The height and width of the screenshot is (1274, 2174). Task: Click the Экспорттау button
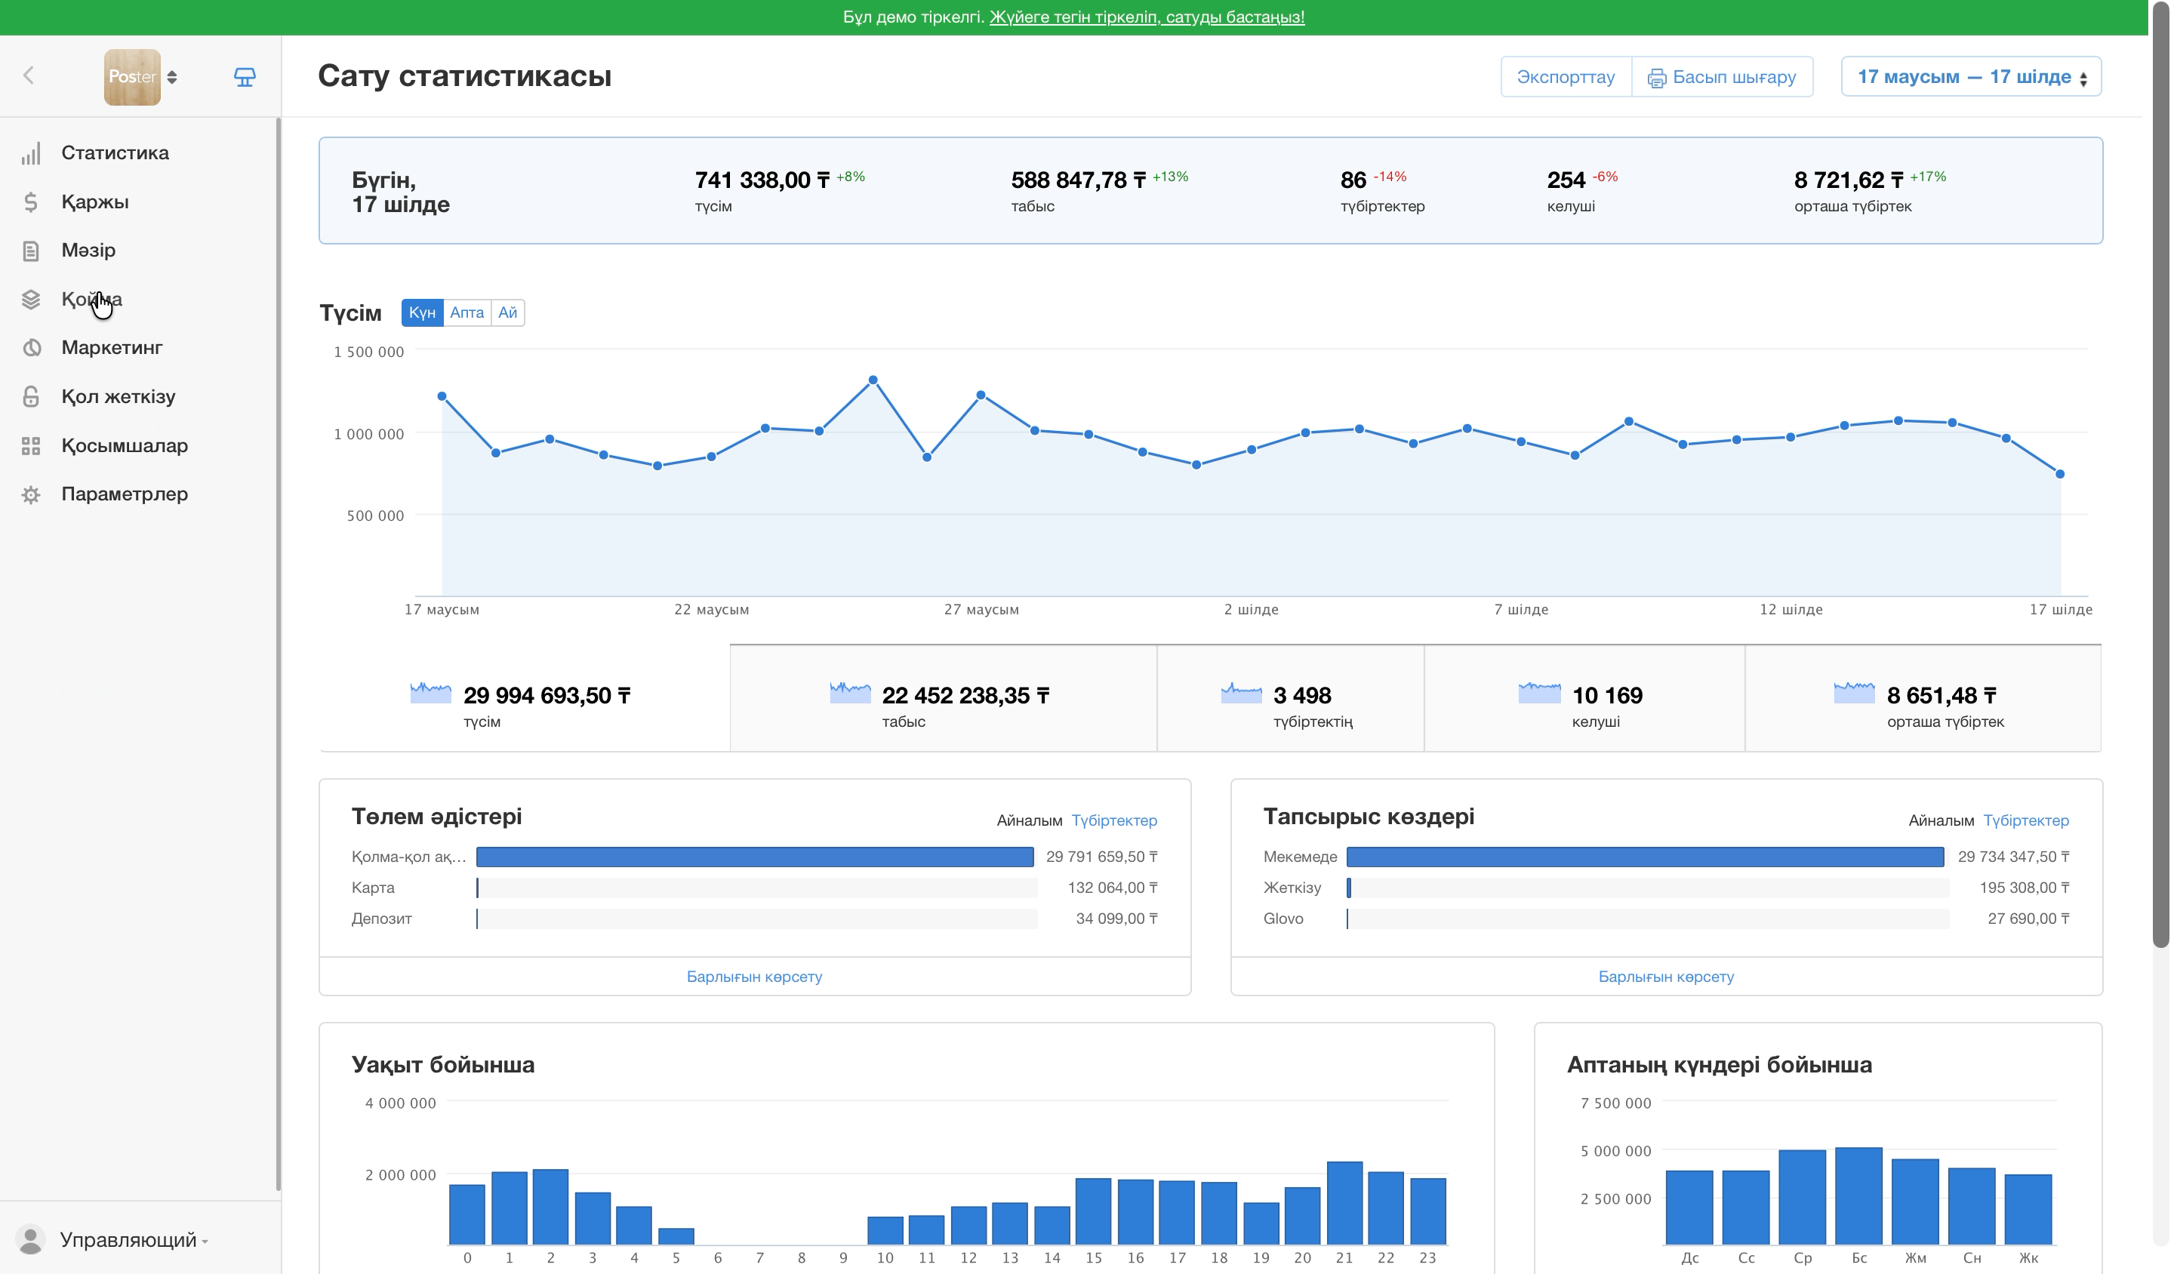tap(1565, 77)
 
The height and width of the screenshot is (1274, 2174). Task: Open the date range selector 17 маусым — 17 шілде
tap(1970, 77)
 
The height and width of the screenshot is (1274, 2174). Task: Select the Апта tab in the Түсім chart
tap(467, 312)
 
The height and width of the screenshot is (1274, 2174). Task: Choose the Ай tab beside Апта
tap(507, 312)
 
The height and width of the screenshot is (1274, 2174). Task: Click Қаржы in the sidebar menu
tap(95, 202)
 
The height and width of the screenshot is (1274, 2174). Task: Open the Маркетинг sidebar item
tap(112, 348)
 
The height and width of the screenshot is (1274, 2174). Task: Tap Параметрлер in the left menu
tap(125, 494)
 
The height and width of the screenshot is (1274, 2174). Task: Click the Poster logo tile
tap(132, 77)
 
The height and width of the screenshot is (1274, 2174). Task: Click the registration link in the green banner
tap(1147, 17)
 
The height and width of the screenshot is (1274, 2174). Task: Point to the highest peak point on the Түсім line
tap(873, 380)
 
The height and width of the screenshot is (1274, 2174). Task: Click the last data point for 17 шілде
tap(2060, 473)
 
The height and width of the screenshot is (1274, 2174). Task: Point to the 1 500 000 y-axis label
tap(368, 352)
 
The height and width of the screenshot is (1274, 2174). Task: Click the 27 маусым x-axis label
tap(981, 610)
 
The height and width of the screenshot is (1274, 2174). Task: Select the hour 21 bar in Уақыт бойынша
tap(1344, 1202)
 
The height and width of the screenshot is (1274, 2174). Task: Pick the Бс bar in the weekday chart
tap(1858, 1196)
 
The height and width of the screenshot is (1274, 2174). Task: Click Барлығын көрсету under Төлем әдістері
tap(754, 977)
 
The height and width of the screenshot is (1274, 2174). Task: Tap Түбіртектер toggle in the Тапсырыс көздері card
tap(2025, 820)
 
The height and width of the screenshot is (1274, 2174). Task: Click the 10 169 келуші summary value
tap(1607, 695)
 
